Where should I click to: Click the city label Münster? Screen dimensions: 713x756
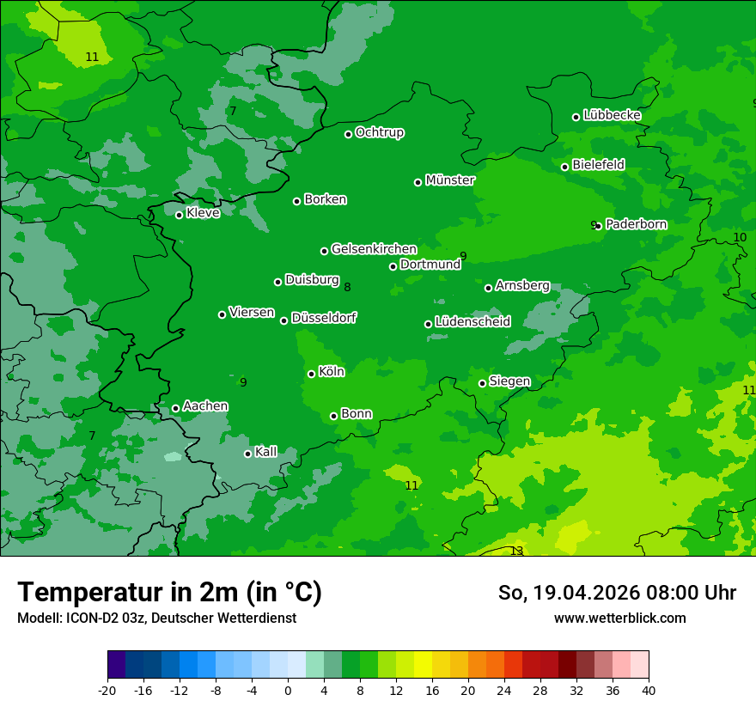[x=450, y=180]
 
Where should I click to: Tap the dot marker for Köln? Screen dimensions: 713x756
[x=311, y=374]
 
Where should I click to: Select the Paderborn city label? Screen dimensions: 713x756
[x=636, y=224]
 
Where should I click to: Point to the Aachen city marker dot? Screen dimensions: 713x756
[x=175, y=408]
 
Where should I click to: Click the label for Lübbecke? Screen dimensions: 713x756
[x=612, y=115]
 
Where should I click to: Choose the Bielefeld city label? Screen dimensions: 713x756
[x=598, y=164]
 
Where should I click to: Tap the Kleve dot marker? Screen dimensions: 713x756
[x=179, y=215]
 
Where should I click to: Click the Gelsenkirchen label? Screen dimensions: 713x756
[x=374, y=249]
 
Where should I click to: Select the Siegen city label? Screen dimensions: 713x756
[x=509, y=381]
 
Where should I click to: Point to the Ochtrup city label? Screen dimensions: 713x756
[x=379, y=132]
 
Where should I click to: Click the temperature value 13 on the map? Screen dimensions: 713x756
[x=516, y=551]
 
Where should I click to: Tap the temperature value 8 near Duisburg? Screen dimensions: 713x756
[x=347, y=287]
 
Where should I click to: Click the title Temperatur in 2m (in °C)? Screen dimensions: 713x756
[x=169, y=593]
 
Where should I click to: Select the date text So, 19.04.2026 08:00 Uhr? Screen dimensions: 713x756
[x=617, y=593]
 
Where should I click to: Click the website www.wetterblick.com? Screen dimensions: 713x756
[x=619, y=619]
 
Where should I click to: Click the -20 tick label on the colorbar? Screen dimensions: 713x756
[x=107, y=690]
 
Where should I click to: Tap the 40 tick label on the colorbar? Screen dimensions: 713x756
[x=649, y=690]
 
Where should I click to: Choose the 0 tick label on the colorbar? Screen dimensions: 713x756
[x=288, y=690]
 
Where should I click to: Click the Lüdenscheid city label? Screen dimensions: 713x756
[x=472, y=322]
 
